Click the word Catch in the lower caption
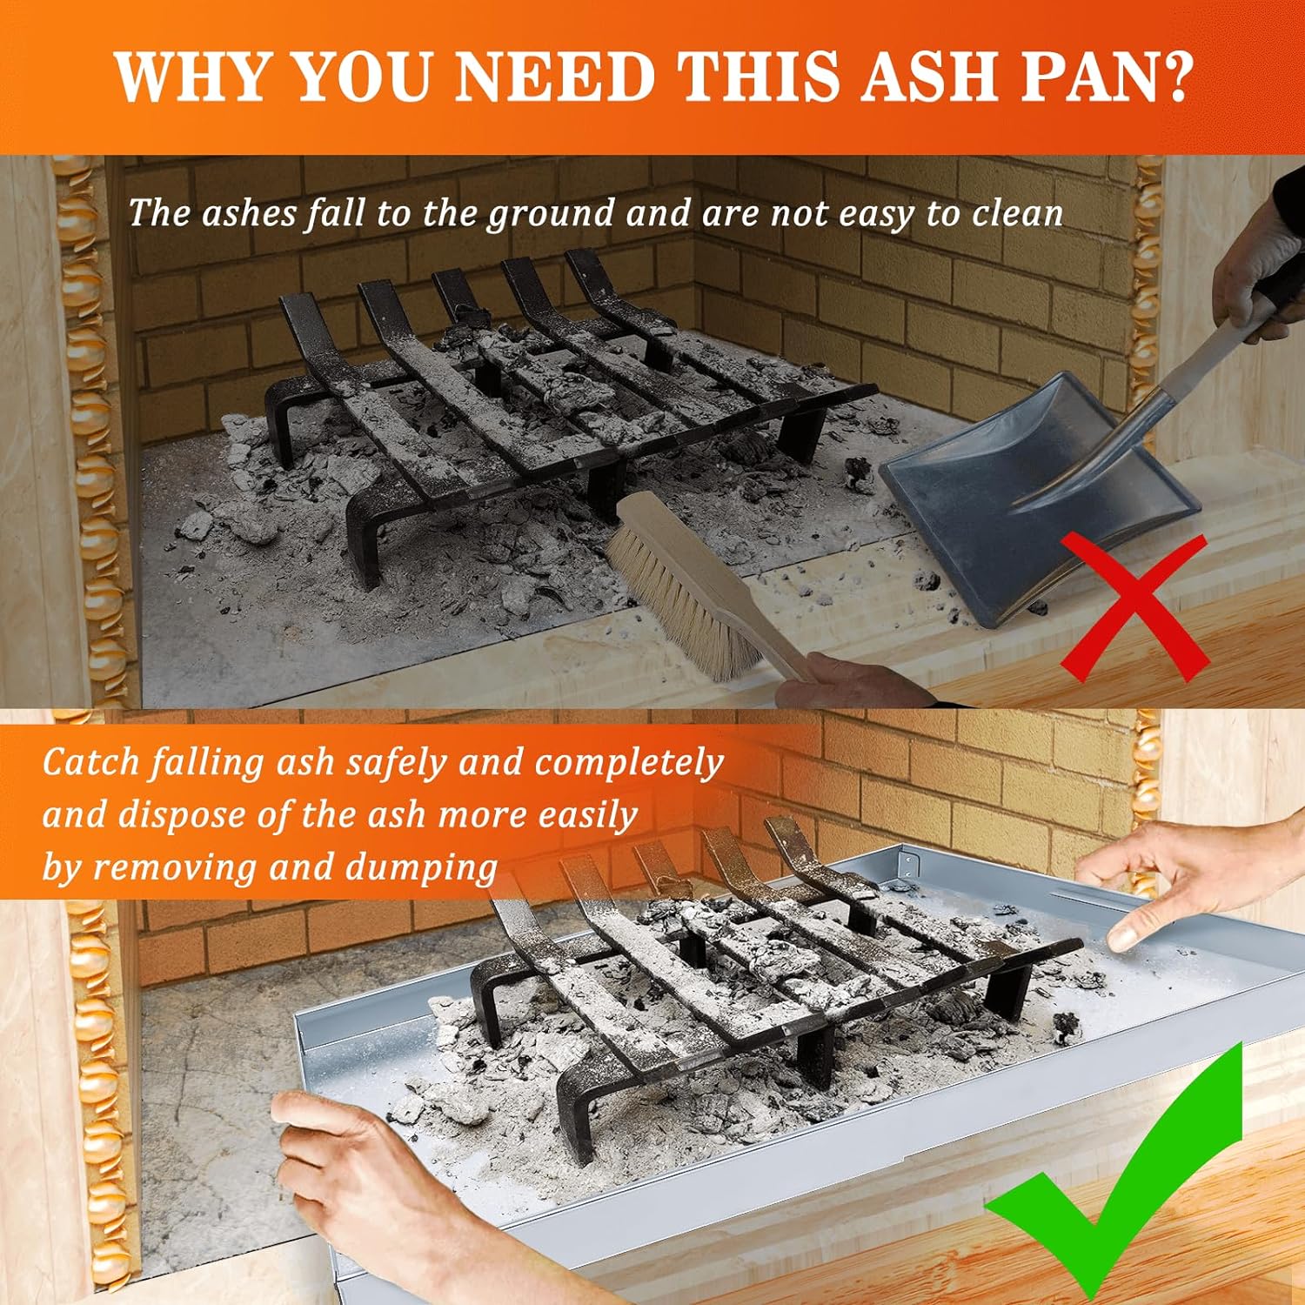tap(90, 762)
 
